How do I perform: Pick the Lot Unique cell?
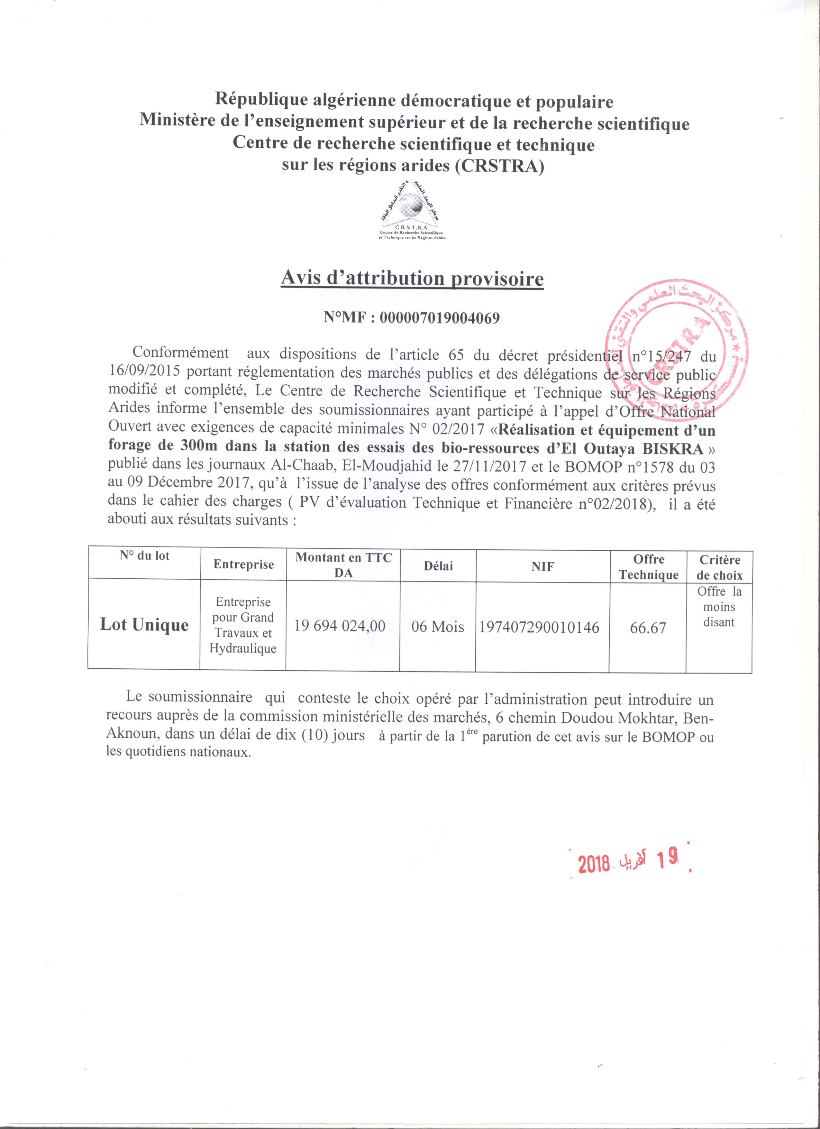pyautogui.click(x=144, y=625)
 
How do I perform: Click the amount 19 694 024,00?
pyautogui.click(x=340, y=626)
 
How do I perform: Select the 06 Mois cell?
pyautogui.click(x=438, y=626)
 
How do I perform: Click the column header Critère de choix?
pyautogui.click(x=719, y=567)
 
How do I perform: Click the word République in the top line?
pyautogui.click(x=252, y=102)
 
